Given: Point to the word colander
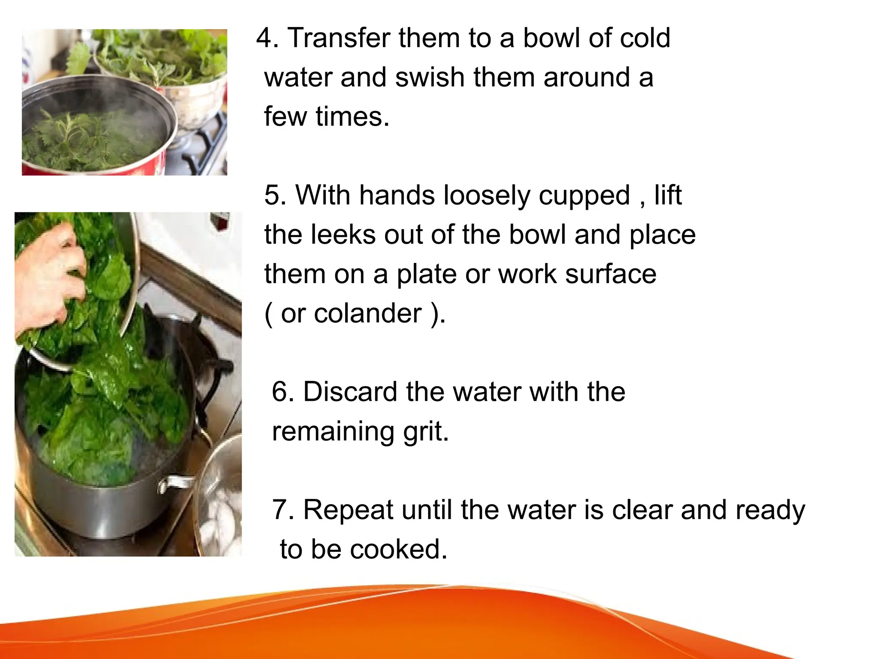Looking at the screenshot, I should pyautogui.click(x=368, y=313).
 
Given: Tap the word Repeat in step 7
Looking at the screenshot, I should pyautogui.click(x=348, y=510).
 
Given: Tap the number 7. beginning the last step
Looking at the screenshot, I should pyautogui.click(x=283, y=510).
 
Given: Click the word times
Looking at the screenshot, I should pyautogui.click(x=352, y=117).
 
